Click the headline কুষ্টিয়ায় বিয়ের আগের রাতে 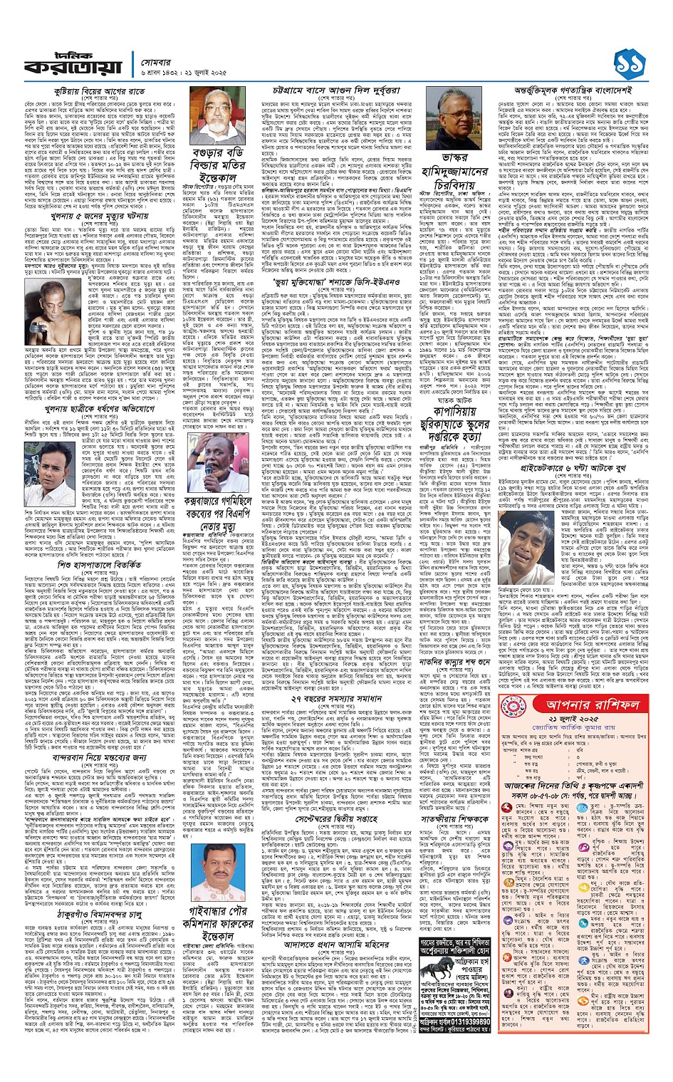point(95,92)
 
